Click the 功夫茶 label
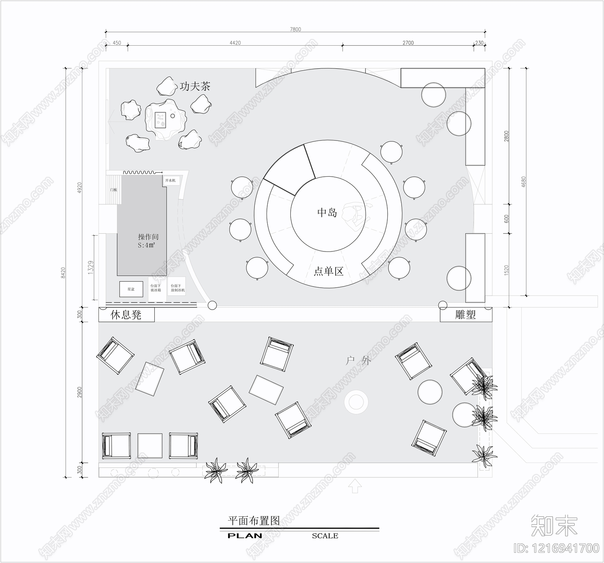pyautogui.click(x=195, y=86)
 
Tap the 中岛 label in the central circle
pyautogui.click(x=327, y=212)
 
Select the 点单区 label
pyautogui.click(x=328, y=271)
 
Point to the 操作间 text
pyautogui.click(x=148, y=237)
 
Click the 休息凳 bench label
pyautogui.click(x=126, y=315)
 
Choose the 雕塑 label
pyautogui.click(x=465, y=315)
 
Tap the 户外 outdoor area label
pyautogui.click(x=358, y=361)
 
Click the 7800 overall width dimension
pyautogui.click(x=296, y=29)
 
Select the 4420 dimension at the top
pyautogui.click(x=235, y=43)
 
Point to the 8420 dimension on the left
pyautogui.click(x=63, y=273)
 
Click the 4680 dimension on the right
pyautogui.click(x=523, y=182)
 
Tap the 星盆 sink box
pyautogui.click(x=131, y=289)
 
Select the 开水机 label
pyautogui.click(x=170, y=180)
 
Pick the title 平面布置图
pyautogui.click(x=254, y=521)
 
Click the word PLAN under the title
pyautogui.click(x=245, y=536)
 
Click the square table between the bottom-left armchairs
pyautogui.click(x=150, y=446)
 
